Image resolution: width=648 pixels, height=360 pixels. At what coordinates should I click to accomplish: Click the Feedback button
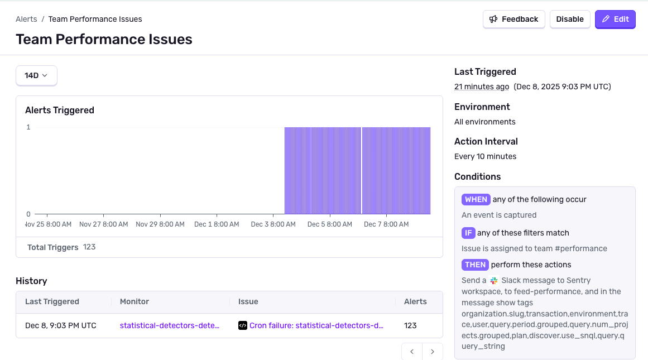513,19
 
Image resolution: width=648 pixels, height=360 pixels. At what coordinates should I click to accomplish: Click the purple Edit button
615,19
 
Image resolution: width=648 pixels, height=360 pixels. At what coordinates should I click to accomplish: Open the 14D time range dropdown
36,75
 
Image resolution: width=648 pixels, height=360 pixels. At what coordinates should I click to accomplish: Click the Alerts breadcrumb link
26,19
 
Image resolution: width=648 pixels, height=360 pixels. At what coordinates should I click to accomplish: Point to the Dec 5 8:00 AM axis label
330,224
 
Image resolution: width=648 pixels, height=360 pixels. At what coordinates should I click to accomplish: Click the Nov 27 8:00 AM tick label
104,224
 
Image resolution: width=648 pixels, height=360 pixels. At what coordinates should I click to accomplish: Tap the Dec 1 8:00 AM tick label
217,224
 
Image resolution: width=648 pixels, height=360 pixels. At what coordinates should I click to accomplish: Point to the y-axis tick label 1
28,127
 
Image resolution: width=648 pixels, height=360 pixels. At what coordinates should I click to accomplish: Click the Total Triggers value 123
89,247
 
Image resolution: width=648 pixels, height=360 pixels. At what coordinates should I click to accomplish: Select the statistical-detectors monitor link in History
170,325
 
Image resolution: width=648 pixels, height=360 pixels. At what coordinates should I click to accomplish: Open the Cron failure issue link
316,325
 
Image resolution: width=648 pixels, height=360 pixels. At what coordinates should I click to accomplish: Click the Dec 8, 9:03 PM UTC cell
61,325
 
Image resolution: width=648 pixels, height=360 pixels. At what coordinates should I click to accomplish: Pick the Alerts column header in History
415,301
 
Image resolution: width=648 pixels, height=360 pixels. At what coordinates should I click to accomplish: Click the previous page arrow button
412,352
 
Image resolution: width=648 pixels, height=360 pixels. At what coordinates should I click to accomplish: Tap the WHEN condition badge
476,199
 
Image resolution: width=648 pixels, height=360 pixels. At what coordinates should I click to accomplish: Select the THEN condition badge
475,265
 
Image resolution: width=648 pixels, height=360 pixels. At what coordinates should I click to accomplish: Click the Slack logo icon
494,281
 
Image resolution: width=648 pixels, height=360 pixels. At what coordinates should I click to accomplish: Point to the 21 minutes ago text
482,87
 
